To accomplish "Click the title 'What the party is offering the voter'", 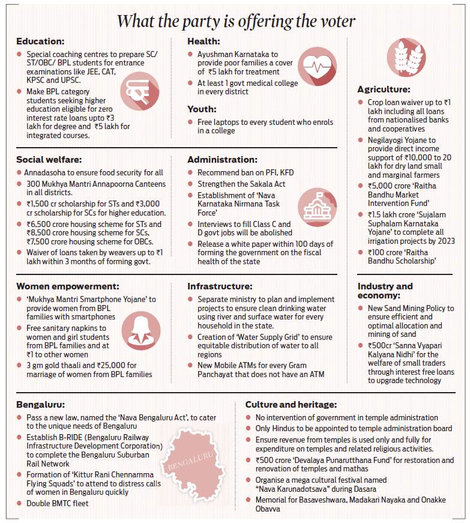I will [235, 21].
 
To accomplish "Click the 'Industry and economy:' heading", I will [385, 291].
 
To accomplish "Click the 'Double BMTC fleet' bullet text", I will [57, 503].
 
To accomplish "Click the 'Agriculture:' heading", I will [384, 89].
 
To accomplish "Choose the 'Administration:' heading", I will [222, 160].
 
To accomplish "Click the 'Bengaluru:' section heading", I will [41, 405].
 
